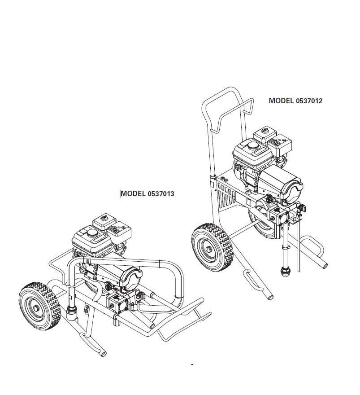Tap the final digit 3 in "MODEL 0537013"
(172, 194)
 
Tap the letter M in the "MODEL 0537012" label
(272, 101)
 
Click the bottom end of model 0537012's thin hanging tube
(299, 271)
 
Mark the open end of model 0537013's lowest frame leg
(104, 354)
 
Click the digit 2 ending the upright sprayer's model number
(320, 101)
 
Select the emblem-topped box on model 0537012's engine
(265, 134)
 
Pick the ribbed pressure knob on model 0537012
(269, 199)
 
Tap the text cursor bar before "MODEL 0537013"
(121, 194)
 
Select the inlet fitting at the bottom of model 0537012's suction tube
(286, 272)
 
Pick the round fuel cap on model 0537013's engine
(92, 232)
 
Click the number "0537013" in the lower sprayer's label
(161, 194)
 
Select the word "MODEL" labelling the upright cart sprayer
(281, 101)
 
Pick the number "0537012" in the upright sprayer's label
(309, 101)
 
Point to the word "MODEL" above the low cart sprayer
(134, 194)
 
